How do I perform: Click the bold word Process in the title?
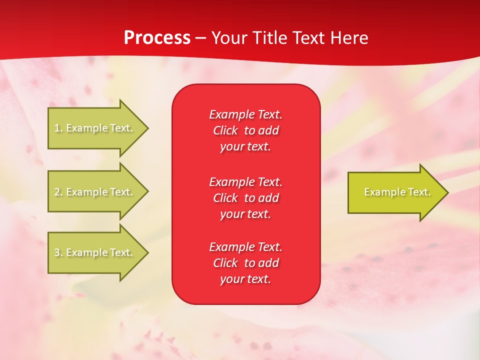[157, 38]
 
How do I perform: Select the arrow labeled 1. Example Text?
[95, 128]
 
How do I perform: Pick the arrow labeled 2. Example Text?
[95, 192]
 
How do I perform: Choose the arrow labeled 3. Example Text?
[95, 252]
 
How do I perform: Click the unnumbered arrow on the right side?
[395, 192]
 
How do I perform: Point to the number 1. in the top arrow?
[58, 128]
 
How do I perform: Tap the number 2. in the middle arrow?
[58, 192]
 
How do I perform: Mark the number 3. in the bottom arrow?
[58, 252]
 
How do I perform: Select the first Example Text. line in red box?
[245, 114]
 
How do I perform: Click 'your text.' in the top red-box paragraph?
[245, 147]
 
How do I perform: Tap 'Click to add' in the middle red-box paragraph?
[245, 198]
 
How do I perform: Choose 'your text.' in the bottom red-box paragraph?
[245, 279]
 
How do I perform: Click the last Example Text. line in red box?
[245, 247]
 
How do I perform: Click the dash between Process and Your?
[200, 38]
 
